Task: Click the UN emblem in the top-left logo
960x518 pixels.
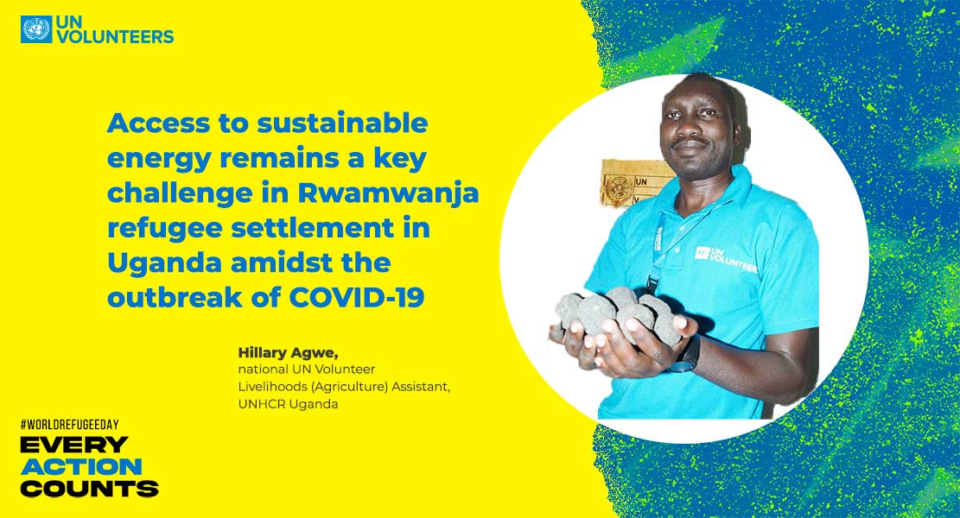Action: pos(36,29)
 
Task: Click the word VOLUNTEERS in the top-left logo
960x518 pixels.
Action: pos(115,37)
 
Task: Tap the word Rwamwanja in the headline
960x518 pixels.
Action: pos(388,193)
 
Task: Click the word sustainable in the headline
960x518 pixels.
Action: pos(342,123)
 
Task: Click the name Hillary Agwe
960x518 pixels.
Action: pos(288,353)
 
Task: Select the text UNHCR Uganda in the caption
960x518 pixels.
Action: pos(288,404)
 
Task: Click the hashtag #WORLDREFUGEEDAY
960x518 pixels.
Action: pos(69,425)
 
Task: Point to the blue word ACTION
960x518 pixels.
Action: pos(81,466)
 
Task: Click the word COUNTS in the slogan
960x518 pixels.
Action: pos(89,489)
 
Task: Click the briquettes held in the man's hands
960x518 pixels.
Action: pos(619,313)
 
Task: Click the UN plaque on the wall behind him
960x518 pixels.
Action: pos(634,181)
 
